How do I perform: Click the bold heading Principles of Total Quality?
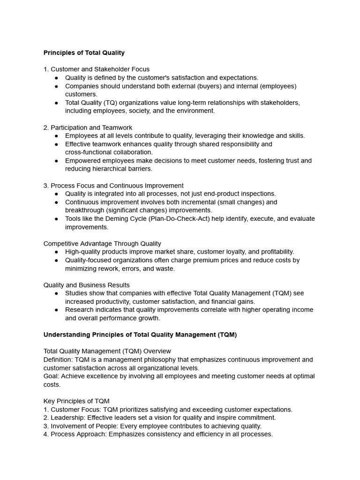click(x=84, y=52)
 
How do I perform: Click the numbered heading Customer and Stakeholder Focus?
click(x=97, y=69)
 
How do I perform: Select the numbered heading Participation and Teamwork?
click(x=88, y=127)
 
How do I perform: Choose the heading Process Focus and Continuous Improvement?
click(x=113, y=186)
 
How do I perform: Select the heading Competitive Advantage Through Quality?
click(x=102, y=244)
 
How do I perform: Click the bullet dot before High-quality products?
click(x=56, y=252)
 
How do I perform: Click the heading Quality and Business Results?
click(x=87, y=285)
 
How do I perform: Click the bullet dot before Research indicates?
click(x=56, y=310)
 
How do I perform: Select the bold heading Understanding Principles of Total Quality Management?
click(x=140, y=335)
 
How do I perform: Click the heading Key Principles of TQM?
click(x=76, y=401)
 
